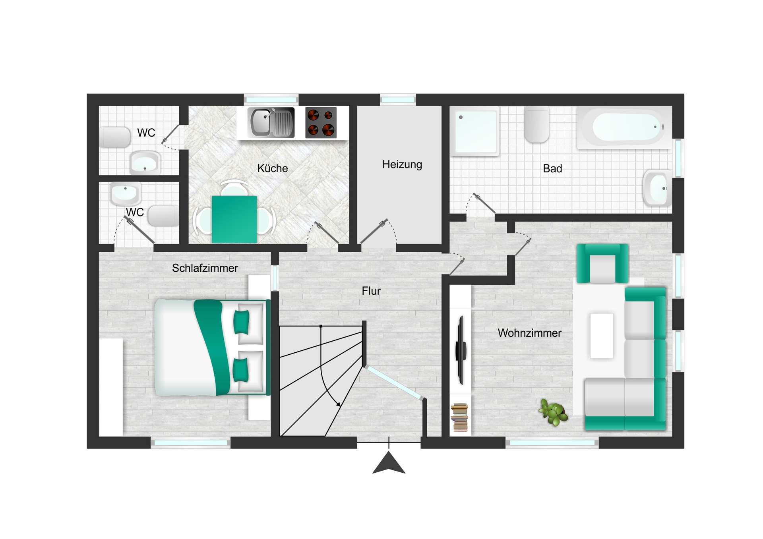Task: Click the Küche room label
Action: click(272, 168)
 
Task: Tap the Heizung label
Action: click(402, 164)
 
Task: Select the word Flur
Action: click(371, 291)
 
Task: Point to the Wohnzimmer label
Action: click(529, 333)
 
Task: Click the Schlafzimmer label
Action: click(205, 268)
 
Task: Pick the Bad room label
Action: click(552, 168)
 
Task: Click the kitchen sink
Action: click(271, 122)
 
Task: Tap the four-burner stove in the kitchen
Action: click(321, 123)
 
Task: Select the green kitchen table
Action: click(234, 219)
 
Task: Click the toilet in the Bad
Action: click(536, 124)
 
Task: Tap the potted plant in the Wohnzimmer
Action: click(553, 412)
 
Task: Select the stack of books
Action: click(459, 417)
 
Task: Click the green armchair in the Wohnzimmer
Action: click(602, 263)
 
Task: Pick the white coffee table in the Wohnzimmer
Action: click(602, 336)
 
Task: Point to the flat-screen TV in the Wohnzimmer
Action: click(461, 350)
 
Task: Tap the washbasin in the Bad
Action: click(657, 188)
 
